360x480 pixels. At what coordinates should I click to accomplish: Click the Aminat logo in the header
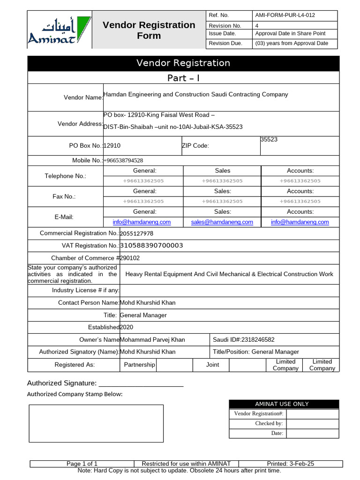59,30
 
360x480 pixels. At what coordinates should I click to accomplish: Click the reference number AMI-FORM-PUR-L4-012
285,15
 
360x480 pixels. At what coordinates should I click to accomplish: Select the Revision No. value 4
257,26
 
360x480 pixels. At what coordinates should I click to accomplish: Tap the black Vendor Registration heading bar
183,63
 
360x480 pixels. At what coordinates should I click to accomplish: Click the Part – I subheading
183,78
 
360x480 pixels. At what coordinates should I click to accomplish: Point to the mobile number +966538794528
123,161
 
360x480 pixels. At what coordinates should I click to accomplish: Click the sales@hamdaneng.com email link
222,222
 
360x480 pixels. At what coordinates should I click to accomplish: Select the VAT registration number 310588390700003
151,246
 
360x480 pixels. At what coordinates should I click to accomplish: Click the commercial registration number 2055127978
136,233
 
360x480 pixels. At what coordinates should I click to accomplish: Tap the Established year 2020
127,327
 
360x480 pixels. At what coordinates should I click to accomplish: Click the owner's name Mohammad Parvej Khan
152,340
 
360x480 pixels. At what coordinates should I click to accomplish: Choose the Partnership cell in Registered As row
139,365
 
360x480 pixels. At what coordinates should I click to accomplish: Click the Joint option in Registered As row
212,365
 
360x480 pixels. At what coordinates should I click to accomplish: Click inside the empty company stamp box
96,423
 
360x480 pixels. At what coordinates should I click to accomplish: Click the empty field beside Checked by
312,423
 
